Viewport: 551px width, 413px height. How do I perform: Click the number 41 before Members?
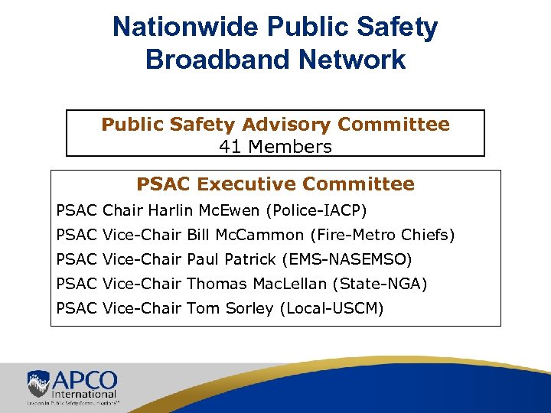pos(230,146)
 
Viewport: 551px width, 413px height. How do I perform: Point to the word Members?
pos(288,146)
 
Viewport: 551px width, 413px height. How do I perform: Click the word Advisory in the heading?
pos(289,124)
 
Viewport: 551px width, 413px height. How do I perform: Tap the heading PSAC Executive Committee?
pos(275,184)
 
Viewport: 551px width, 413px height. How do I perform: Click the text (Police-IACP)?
pos(316,210)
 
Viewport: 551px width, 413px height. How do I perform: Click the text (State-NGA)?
pos(380,284)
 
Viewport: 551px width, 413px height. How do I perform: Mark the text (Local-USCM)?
pos(334,308)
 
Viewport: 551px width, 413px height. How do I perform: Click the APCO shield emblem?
pos(39,383)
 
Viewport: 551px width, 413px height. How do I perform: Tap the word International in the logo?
pos(85,392)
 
